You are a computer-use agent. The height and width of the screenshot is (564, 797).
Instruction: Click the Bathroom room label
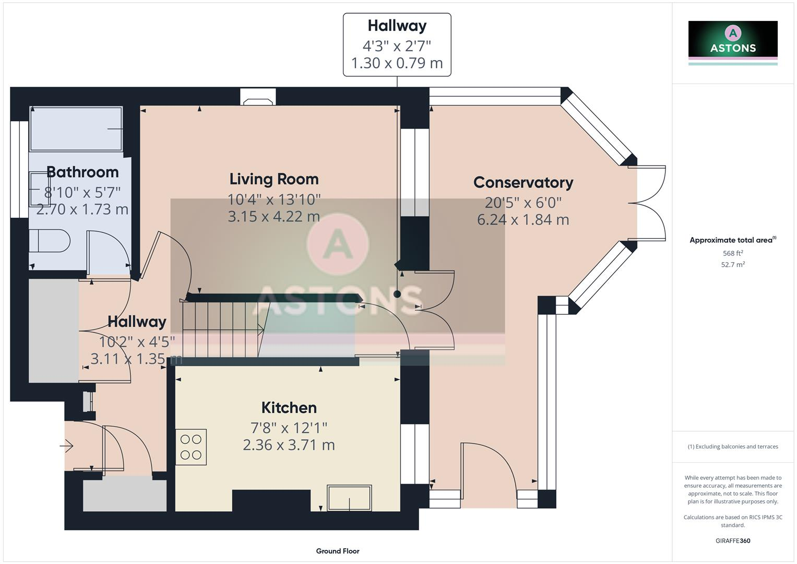pos(82,172)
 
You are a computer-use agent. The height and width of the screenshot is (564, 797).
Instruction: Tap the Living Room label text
pos(274,179)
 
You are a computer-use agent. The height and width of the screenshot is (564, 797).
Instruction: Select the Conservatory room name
pos(523,182)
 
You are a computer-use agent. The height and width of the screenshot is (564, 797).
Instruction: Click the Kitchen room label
pos(289,407)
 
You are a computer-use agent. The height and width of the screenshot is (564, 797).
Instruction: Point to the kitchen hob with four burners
pos(191,447)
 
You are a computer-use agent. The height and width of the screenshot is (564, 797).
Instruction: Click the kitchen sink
pos(349,498)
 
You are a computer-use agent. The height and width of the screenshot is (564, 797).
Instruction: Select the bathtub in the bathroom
pos(76,129)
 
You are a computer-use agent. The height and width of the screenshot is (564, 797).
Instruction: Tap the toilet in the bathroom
pos(50,241)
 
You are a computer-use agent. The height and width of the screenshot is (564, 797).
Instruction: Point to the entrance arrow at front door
pos(66,446)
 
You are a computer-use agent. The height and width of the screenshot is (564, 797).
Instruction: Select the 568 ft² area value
pos(733,253)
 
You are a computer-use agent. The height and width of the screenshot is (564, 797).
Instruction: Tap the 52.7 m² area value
pos(733,265)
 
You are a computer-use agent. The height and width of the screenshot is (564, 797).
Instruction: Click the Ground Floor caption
pos(338,551)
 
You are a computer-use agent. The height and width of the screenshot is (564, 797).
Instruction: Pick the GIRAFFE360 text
pos(733,540)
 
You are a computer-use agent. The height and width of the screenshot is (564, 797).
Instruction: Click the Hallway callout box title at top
pos(397,26)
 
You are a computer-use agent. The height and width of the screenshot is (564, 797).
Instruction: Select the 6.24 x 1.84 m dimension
pos(523,220)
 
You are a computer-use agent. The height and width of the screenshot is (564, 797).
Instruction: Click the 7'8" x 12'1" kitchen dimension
pos(289,428)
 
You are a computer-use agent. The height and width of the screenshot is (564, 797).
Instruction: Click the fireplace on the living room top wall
pos(258,98)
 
